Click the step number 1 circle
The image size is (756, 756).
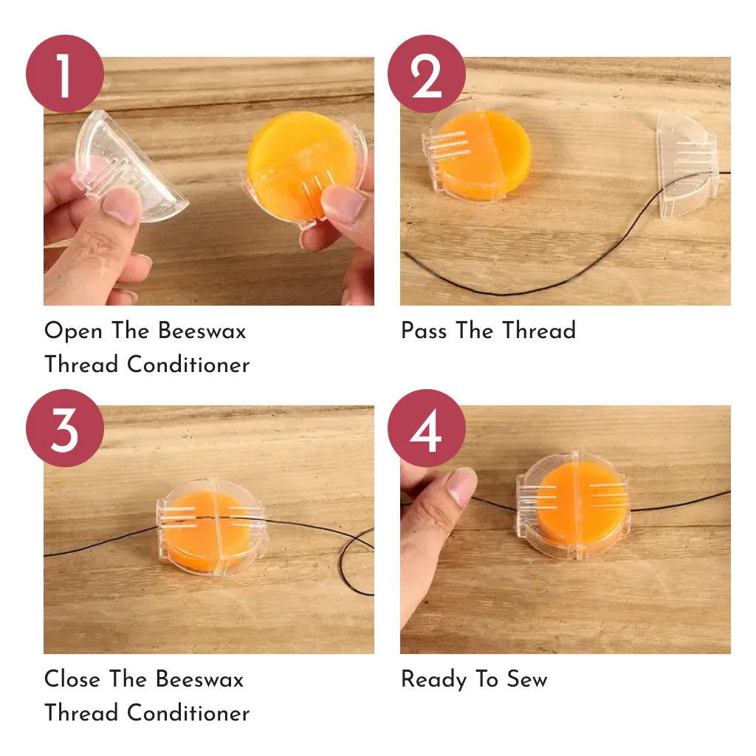tap(64, 74)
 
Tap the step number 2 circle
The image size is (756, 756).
tap(427, 74)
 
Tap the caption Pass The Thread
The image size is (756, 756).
tap(488, 331)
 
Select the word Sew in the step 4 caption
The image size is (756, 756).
tap(526, 679)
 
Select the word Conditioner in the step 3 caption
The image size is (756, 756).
tap(188, 713)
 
